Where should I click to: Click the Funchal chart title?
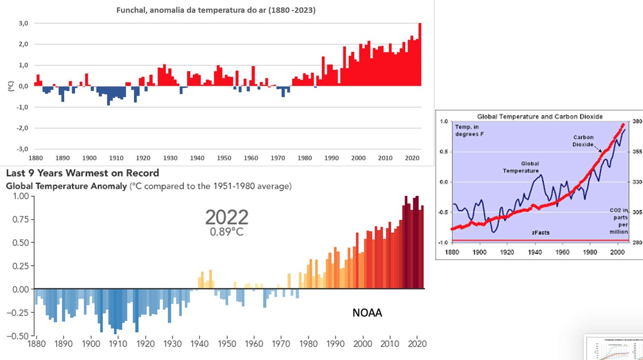click(x=216, y=10)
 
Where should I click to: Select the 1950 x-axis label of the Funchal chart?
click(x=224, y=158)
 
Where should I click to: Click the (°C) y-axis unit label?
click(x=9, y=86)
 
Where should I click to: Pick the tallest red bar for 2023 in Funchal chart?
click(x=420, y=54)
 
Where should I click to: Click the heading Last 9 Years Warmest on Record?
click(x=82, y=174)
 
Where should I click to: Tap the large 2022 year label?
click(x=227, y=217)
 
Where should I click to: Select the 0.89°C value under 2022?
click(x=227, y=232)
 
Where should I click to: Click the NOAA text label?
click(x=367, y=313)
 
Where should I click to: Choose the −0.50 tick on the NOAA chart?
click(x=17, y=336)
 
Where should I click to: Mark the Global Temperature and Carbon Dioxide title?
click(x=532, y=116)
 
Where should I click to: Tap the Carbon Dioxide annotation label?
click(x=582, y=141)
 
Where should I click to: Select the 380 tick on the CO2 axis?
click(x=637, y=122)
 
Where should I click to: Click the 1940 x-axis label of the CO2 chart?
click(x=534, y=251)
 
